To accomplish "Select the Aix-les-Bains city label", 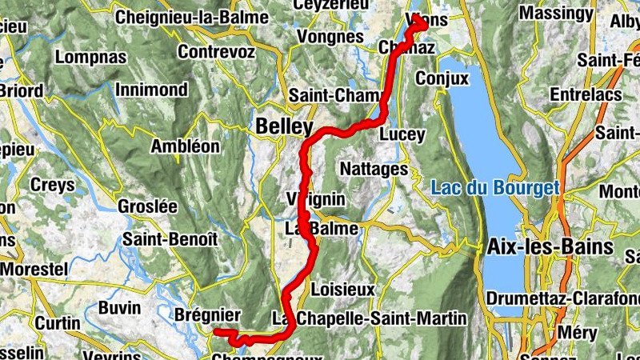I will pos(550,247).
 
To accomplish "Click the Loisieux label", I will pos(342,288).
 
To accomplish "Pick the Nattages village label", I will pos(374,169).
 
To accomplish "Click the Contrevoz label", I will pos(217,52).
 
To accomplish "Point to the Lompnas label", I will pos(90,58).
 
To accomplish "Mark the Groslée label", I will pos(147,206).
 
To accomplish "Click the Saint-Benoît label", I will pos(170,239).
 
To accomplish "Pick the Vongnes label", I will pos(330,37).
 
